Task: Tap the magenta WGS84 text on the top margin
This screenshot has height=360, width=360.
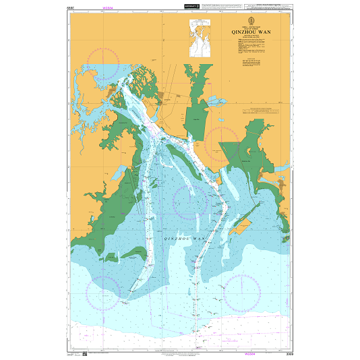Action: pos(107,7)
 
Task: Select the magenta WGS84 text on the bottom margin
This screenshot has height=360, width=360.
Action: pos(249,353)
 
